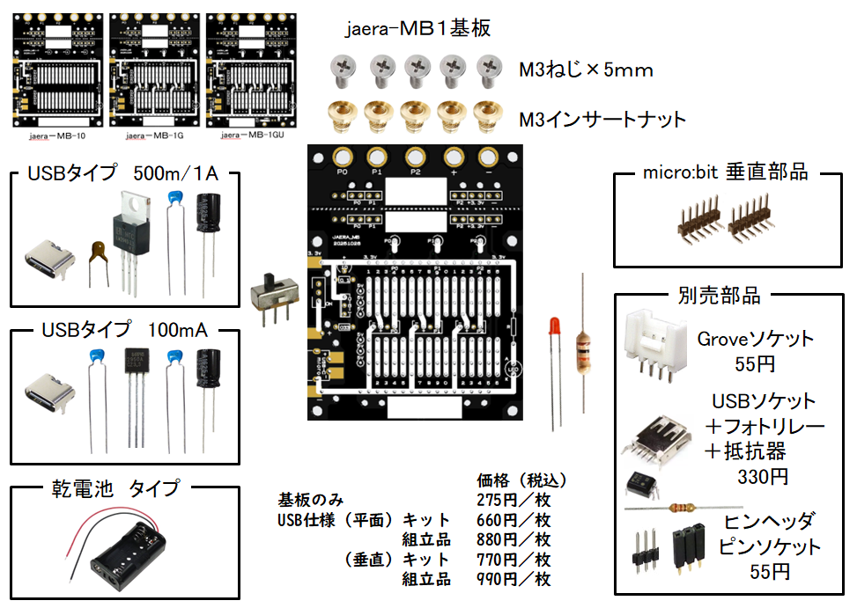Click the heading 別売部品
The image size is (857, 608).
coord(720,295)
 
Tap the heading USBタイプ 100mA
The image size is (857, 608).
coord(124,331)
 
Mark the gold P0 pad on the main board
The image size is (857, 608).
coord(342,157)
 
